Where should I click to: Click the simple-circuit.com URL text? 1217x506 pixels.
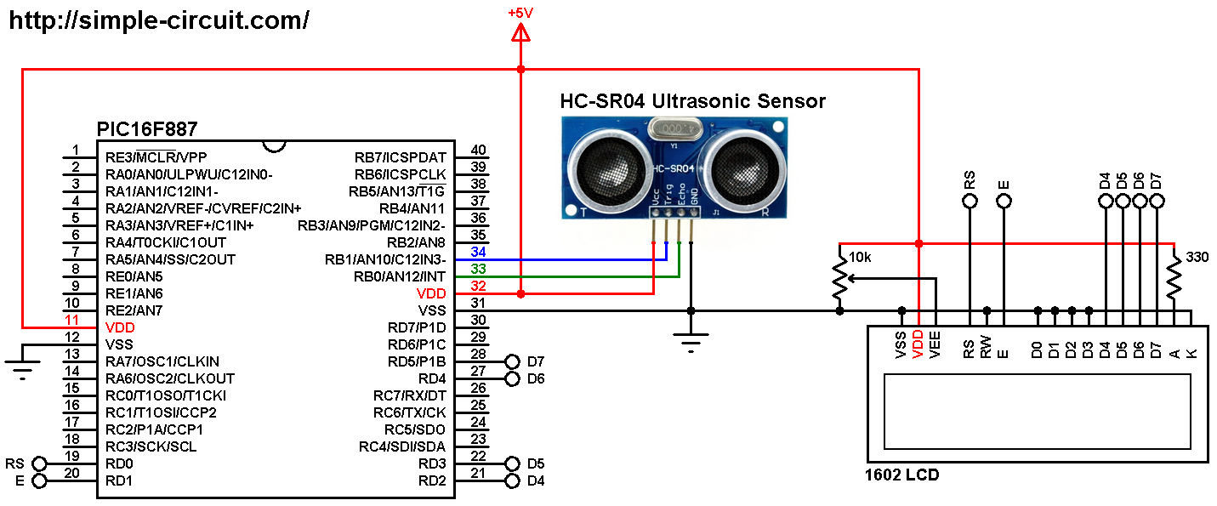(158, 21)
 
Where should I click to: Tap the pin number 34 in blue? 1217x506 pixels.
(478, 252)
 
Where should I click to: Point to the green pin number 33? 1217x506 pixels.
(478, 269)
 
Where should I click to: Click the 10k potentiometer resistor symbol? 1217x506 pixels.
(840, 277)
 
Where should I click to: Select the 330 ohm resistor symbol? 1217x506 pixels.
(1174, 276)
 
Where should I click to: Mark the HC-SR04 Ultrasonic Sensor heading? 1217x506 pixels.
(692, 102)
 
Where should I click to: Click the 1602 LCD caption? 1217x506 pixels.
(902, 475)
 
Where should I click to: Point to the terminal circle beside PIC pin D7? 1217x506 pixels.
(511, 361)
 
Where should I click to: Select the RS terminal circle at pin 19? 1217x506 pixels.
(39, 464)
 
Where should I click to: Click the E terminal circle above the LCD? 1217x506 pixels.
(1004, 202)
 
